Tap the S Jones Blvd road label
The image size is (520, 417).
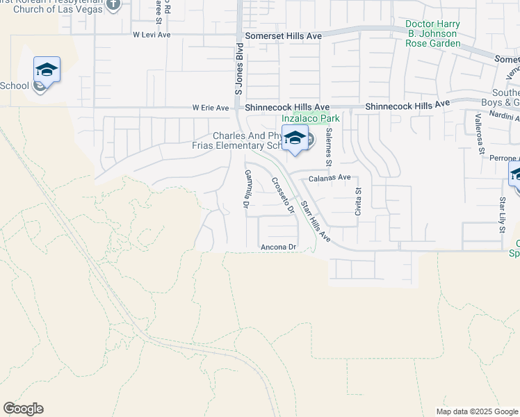[238, 69]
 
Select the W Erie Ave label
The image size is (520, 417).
[211, 108]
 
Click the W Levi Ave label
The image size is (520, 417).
[152, 34]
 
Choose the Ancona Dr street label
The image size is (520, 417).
[278, 247]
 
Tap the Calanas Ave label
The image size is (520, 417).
[330, 177]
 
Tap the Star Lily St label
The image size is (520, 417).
[501, 214]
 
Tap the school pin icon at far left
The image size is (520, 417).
[47, 69]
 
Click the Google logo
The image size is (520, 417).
[23, 409]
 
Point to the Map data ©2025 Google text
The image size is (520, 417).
[477, 411]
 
